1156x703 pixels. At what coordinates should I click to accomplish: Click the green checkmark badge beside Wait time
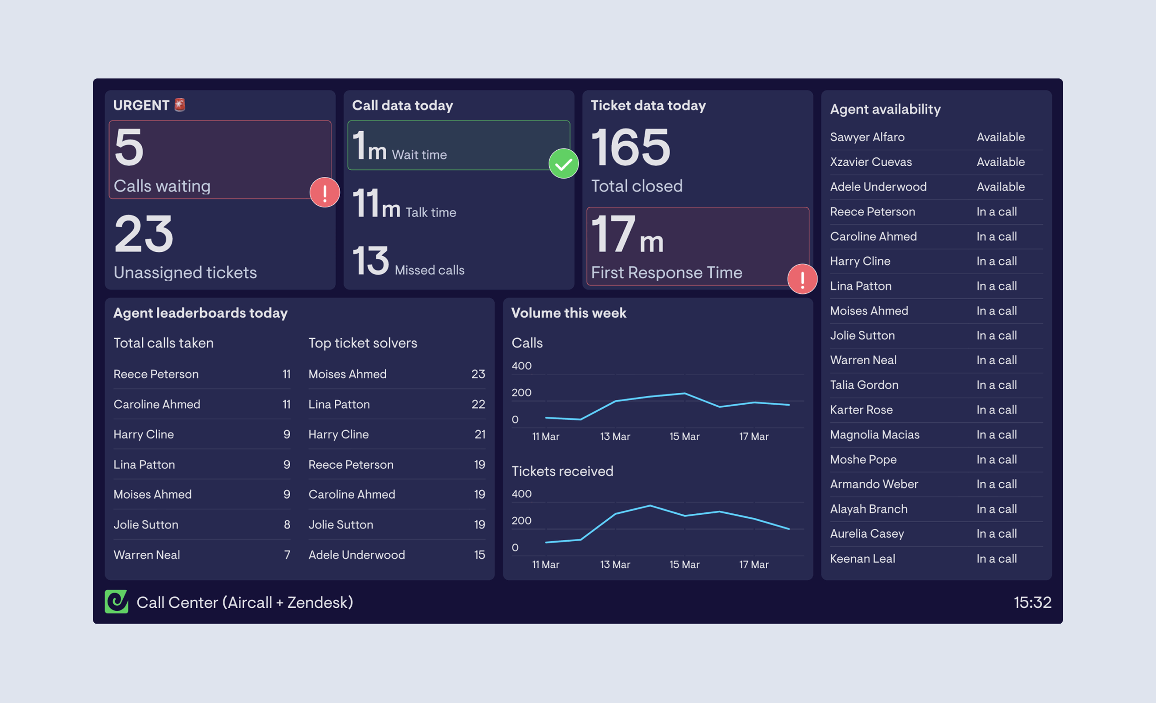pos(563,164)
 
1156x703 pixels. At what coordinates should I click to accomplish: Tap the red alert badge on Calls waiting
pos(325,192)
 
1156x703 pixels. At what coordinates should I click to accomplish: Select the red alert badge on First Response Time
pos(802,279)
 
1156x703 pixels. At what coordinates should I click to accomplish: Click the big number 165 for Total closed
pos(631,148)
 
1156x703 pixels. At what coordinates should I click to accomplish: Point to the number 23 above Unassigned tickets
pos(144,234)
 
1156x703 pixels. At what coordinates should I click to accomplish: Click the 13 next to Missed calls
pos(371,261)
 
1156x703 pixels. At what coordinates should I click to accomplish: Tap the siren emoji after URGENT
pos(180,105)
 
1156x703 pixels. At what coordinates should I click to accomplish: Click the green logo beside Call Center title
pos(116,601)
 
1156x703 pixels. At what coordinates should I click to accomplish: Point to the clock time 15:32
pos(1032,602)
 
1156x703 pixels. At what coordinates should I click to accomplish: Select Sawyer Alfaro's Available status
pos(1000,137)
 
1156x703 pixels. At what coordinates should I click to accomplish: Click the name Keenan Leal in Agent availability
pos(862,558)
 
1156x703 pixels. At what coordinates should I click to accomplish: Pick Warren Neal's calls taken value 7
pos(287,555)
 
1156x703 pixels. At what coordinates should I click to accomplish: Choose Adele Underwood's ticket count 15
pos(479,555)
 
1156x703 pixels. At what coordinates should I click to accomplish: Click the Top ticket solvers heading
pos(363,343)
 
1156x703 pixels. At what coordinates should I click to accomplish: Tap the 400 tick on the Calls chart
pos(521,366)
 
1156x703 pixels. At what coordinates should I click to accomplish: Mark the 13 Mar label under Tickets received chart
pos(615,564)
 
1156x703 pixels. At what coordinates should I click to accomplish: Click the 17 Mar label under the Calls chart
pos(753,436)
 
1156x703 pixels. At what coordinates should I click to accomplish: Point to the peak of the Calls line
pos(684,393)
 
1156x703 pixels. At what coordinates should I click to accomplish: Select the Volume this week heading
pos(569,313)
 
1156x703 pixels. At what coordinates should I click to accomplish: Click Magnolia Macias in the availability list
pos(874,434)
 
